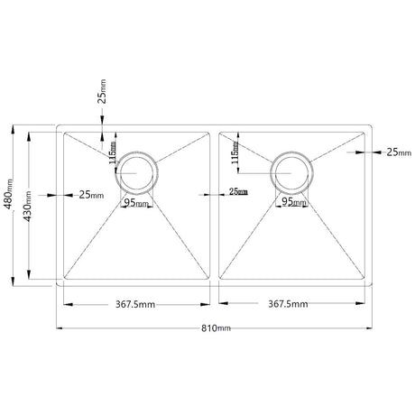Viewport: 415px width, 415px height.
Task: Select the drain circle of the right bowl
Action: [294, 171]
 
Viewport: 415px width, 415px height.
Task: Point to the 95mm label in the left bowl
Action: [137, 203]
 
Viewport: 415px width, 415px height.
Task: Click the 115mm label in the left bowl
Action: [114, 153]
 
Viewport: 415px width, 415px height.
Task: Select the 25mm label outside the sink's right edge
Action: [398, 153]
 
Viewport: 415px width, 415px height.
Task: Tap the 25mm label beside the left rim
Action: [91, 194]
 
